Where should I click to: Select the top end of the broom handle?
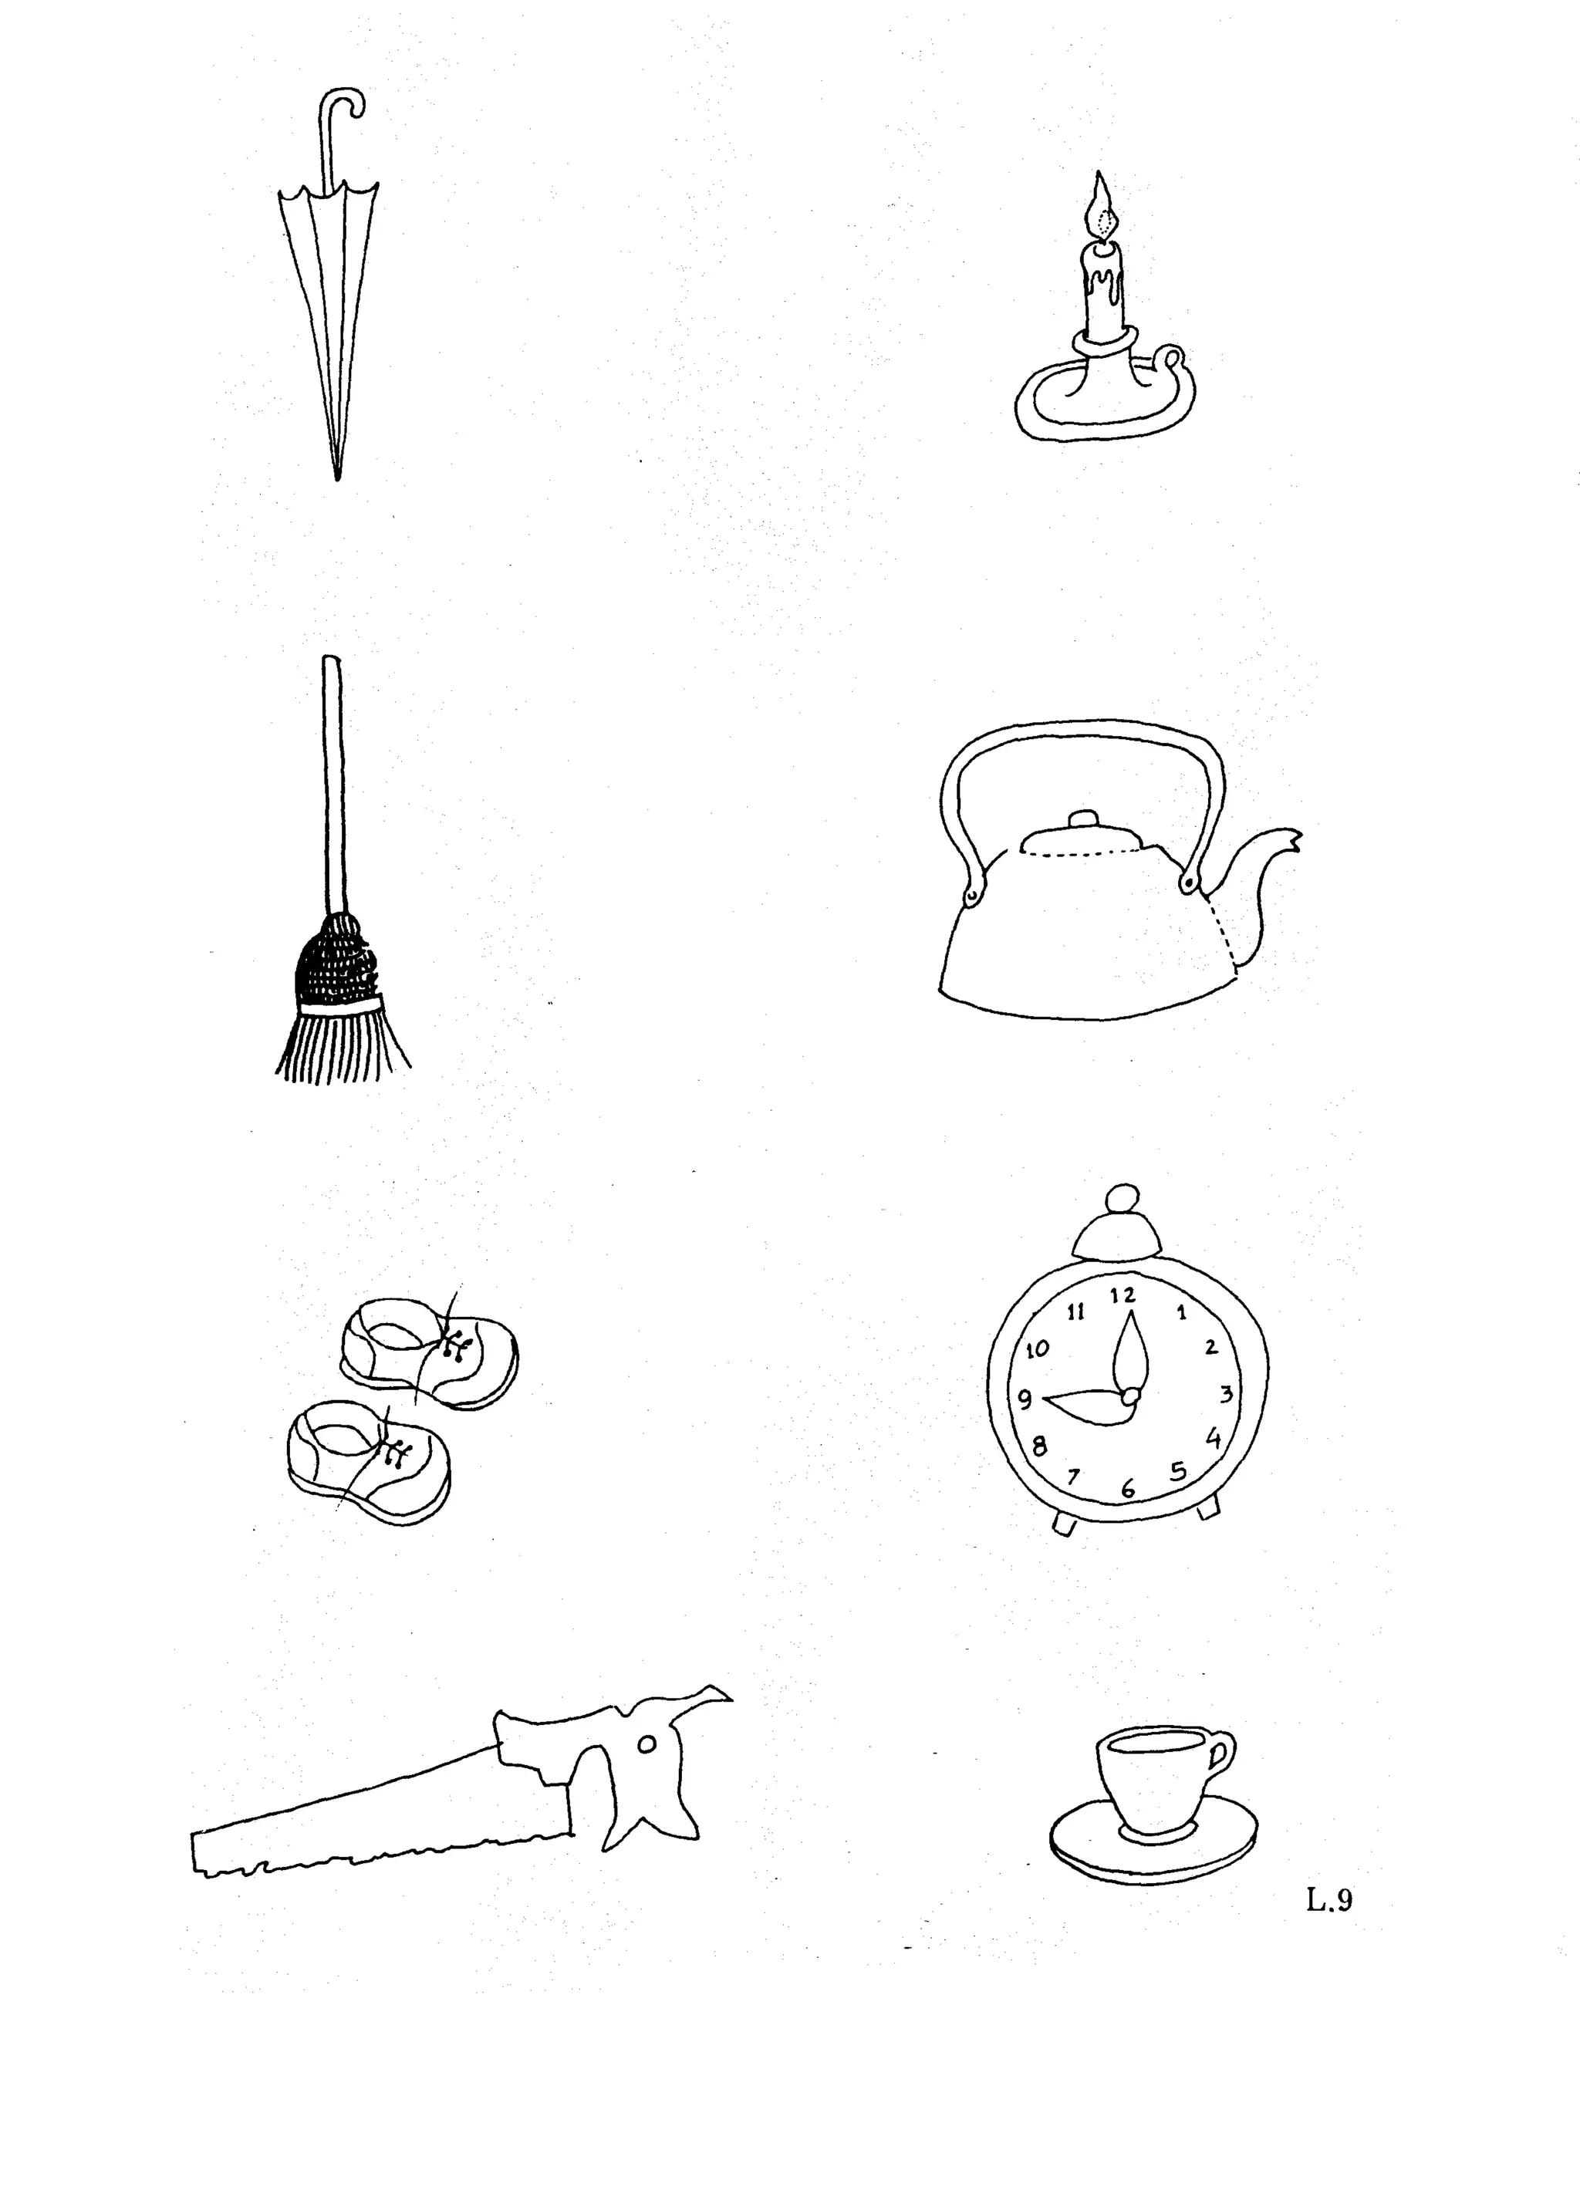(330, 663)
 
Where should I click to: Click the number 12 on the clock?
(1123, 1294)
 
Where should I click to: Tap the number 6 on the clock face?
(1127, 1489)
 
